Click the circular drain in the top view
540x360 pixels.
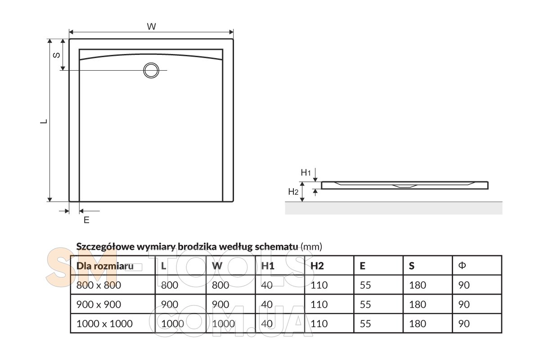pos(151,70)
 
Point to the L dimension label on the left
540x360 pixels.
pos(44,121)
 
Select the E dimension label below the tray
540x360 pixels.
pos(87,220)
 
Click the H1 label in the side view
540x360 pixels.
pos(306,172)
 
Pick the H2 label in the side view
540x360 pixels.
pos(293,192)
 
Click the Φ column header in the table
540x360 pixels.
pos(462,265)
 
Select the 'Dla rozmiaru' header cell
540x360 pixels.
pos(105,265)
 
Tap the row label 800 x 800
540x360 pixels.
pos(99,285)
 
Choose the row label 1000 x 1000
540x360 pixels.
pos(104,324)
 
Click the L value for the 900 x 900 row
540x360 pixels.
pos(170,304)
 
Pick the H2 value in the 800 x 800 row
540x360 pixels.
pos(319,285)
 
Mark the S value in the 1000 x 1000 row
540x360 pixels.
pos(418,324)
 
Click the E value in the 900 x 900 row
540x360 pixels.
pos(365,304)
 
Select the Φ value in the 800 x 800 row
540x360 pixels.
pos(463,285)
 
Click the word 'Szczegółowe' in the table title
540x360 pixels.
pos(103,247)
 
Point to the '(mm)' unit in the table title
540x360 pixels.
pos(311,247)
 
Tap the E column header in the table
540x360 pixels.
pos(362,265)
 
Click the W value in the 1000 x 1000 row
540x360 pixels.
pos(223,324)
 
